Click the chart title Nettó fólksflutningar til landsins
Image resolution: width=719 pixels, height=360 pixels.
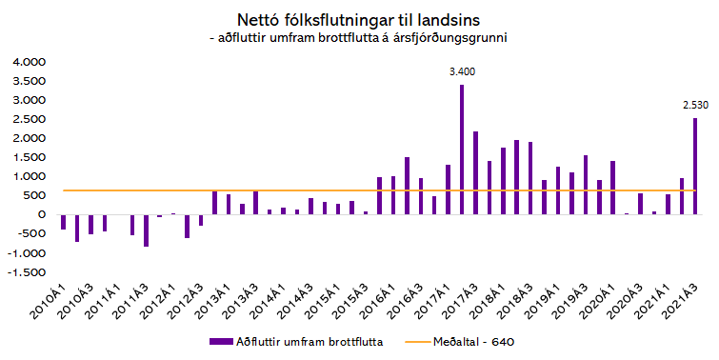pyautogui.click(x=359, y=19)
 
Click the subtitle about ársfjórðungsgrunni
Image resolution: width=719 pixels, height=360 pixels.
pyautogui.click(x=359, y=38)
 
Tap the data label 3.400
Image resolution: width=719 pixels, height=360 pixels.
pyautogui.click(x=463, y=71)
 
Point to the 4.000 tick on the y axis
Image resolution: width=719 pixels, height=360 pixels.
pyautogui.click(x=27, y=61)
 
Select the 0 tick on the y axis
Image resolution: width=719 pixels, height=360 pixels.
pyautogui.click(x=40, y=215)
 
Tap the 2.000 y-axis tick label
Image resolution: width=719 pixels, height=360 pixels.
pyautogui.click(x=27, y=138)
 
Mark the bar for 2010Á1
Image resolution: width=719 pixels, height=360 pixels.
pyautogui.click(x=63, y=222)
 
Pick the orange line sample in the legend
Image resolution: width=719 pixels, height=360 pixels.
pyautogui.click(x=420, y=340)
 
